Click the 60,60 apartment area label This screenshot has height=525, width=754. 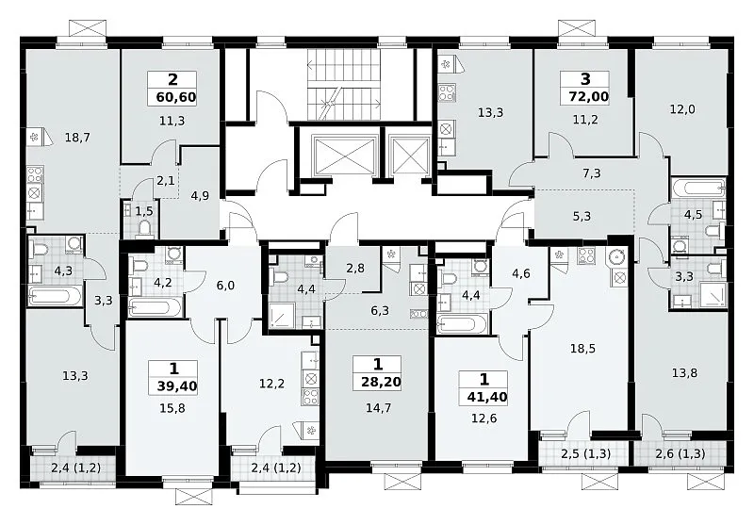coord(176,98)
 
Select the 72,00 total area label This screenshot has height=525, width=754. coord(588,97)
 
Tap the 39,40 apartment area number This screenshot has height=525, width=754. coord(177,386)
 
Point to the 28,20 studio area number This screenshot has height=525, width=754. coord(381,383)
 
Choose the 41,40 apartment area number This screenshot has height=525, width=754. coord(487,397)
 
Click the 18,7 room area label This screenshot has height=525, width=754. coord(77,138)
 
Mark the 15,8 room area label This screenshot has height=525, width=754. coord(172,409)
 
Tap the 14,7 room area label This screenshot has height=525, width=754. coord(379,409)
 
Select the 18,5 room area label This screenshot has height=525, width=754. coord(582,349)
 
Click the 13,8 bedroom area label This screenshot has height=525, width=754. coord(685,372)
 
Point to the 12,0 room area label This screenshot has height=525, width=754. coord(682,109)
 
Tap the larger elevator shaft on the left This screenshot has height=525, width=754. coord(343,154)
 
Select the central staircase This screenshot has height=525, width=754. coord(345,86)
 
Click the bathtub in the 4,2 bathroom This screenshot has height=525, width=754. coord(155,307)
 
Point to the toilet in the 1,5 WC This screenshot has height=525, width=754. coord(144,228)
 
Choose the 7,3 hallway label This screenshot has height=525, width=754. coord(592,173)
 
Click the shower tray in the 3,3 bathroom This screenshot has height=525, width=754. coord(713,294)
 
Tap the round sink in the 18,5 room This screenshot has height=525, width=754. coord(617,257)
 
